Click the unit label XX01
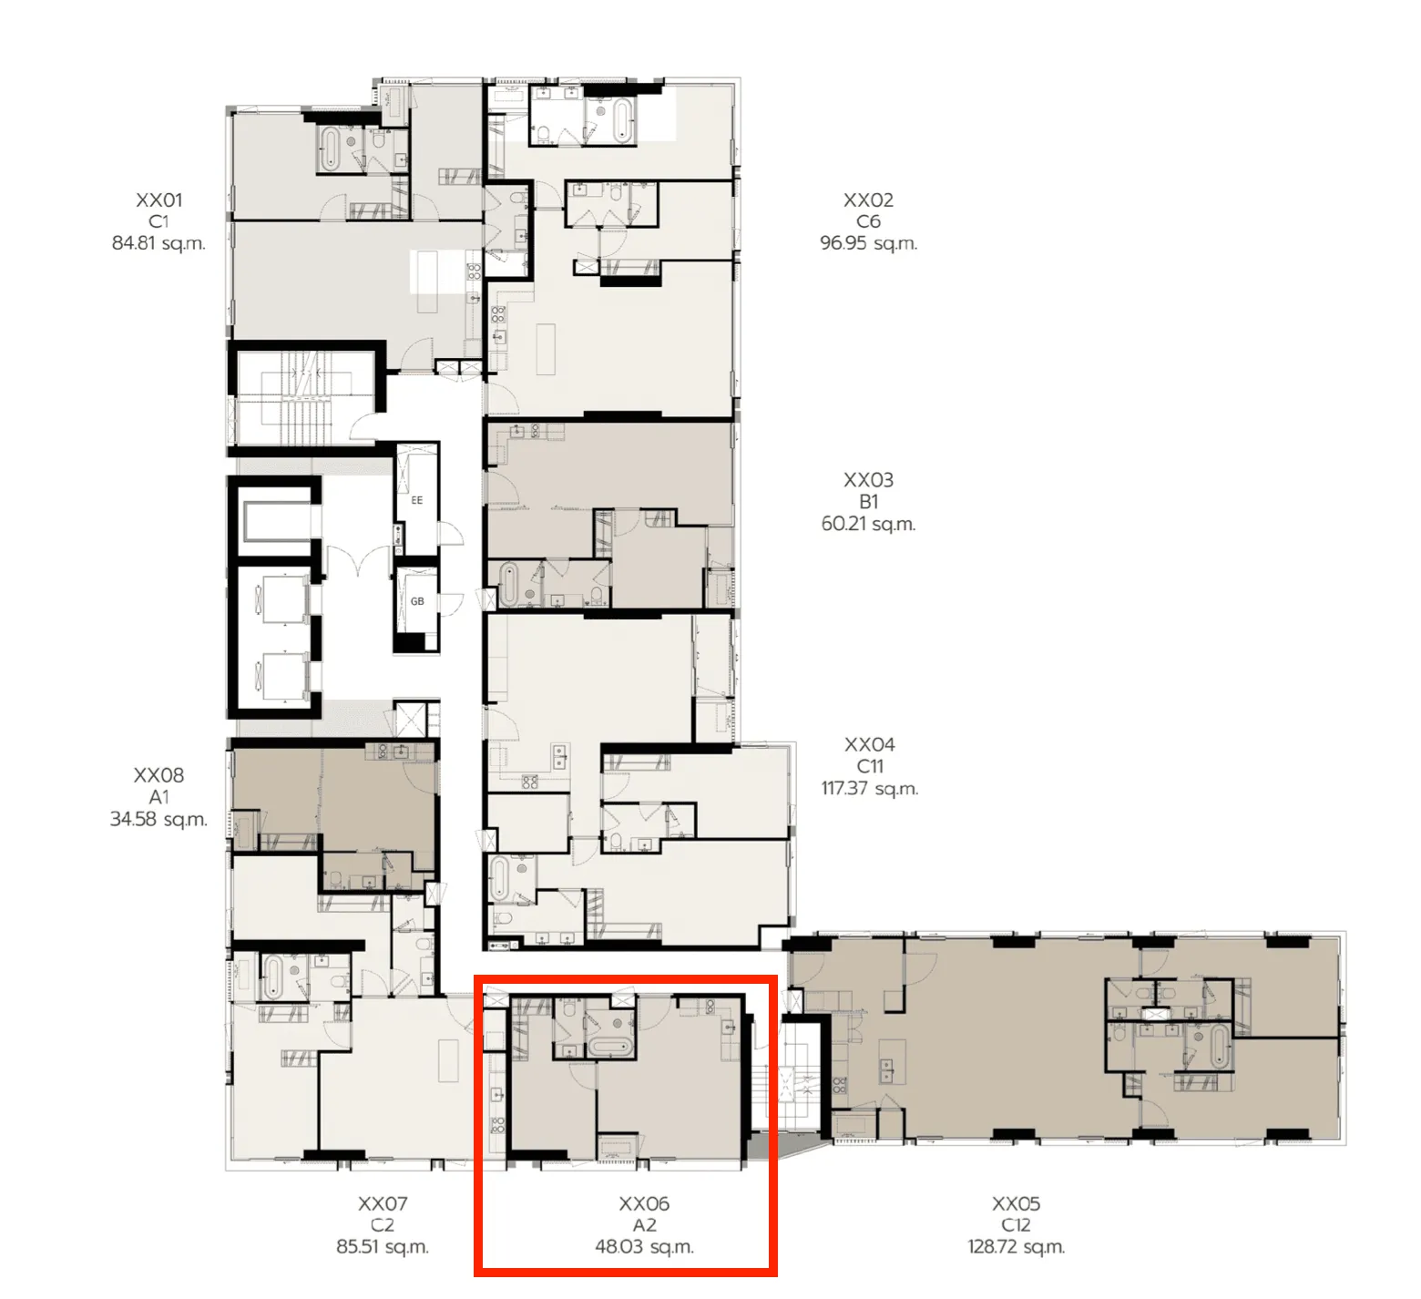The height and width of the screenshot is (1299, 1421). pyautogui.click(x=158, y=199)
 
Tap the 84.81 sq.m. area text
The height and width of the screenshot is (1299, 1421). pyautogui.click(x=158, y=243)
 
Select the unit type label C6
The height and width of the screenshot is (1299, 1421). pyautogui.click(x=868, y=221)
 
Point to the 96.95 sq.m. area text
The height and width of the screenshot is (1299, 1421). pyautogui.click(x=868, y=243)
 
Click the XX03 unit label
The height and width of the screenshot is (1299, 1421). pyautogui.click(x=868, y=480)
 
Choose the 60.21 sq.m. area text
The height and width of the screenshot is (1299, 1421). pyautogui.click(x=868, y=524)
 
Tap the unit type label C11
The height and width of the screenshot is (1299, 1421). pyautogui.click(x=869, y=766)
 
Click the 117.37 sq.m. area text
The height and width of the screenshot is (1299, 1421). pyautogui.click(x=869, y=788)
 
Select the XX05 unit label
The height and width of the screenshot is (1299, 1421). pyautogui.click(x=1016, y=1203)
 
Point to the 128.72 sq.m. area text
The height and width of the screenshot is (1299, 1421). pyautogui.click(x=1016, y=1246)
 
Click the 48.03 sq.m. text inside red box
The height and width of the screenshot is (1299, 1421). pyautogui.click(x=644, y=1246)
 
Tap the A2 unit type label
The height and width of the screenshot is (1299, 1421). pyautogui.click(x=644, y=1225)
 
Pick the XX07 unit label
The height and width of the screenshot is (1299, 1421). pyautogui.click(x=382, y=1203)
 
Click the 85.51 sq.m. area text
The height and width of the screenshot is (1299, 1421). pyautogui.click(x=382, y=1246)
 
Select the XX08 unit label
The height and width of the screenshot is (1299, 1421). pyautogui.click(x=158, y=775)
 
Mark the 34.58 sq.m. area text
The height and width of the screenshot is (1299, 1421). pyautogui.click(x=158, y=819)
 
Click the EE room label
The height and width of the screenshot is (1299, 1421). pyautogui.click(x=417, y=500)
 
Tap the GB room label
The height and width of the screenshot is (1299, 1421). pyautogui.click(x=417, y=601)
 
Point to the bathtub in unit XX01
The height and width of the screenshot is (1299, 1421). pyautogui.click(x=329, y=148)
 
